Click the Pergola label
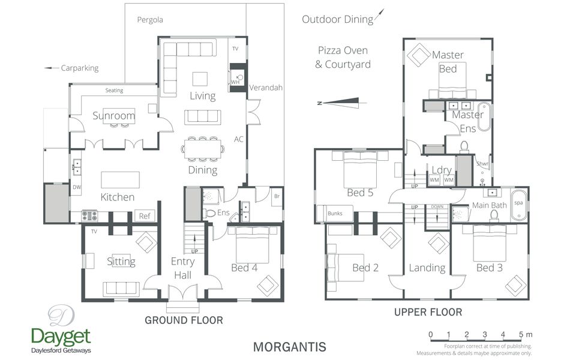pyautogui.click(x=149, y=20)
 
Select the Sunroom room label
pyautogui.click(x=113, y=116)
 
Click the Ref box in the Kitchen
pyautogui.click(x=144, y=216)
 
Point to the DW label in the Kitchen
pyautogui.click(x=76, y=188)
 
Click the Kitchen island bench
pyautogui.click(x=120, y=180)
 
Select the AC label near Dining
pyautogui.click(x=239, y=139)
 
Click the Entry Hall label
pyautogui.click(x=182, y=268)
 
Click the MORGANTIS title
pyautogui.click(x=289, y=347)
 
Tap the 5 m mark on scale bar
pyautogui.click(x=521, y=334)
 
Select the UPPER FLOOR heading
pyautogui.click(x=428, y=312)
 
